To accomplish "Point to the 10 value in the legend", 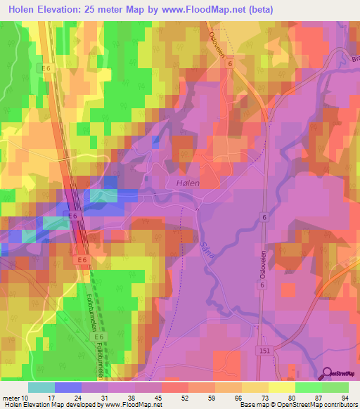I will coord(27,398).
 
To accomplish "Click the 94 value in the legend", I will coord(345,398).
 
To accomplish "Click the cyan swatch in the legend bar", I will coord(41,387).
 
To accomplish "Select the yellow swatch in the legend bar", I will coord(282,387).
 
